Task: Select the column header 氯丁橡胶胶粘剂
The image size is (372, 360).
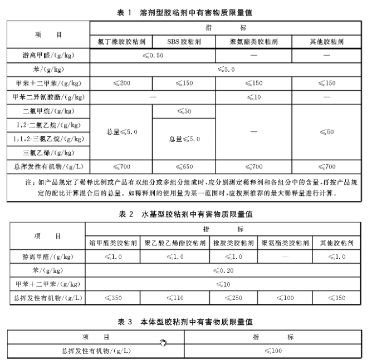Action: [121, 42]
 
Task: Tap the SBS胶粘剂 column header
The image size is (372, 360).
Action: [184, 42]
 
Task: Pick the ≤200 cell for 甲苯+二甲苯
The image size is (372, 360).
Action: [121, 83]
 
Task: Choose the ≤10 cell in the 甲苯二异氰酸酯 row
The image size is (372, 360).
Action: [253, 96]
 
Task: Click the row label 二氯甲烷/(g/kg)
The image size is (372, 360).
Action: [50, 111]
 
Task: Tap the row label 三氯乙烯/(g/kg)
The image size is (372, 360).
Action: [50, 152]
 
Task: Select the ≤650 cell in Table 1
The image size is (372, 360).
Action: [184, 166]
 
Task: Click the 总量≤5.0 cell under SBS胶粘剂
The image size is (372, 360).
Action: [184, 139]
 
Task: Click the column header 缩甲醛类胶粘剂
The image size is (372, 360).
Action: [112, 243]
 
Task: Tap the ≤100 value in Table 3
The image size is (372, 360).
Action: [273, 351]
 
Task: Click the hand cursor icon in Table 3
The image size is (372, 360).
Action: [163, 342]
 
